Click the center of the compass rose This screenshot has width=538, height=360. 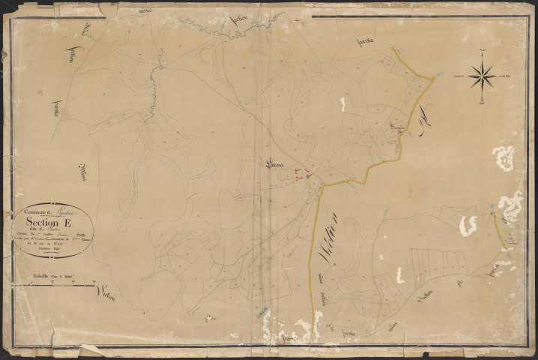pos(481,76)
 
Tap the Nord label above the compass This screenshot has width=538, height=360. pos(481,52)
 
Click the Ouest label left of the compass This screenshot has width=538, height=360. pos(458,76)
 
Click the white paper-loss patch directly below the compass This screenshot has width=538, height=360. pos(503,157)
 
